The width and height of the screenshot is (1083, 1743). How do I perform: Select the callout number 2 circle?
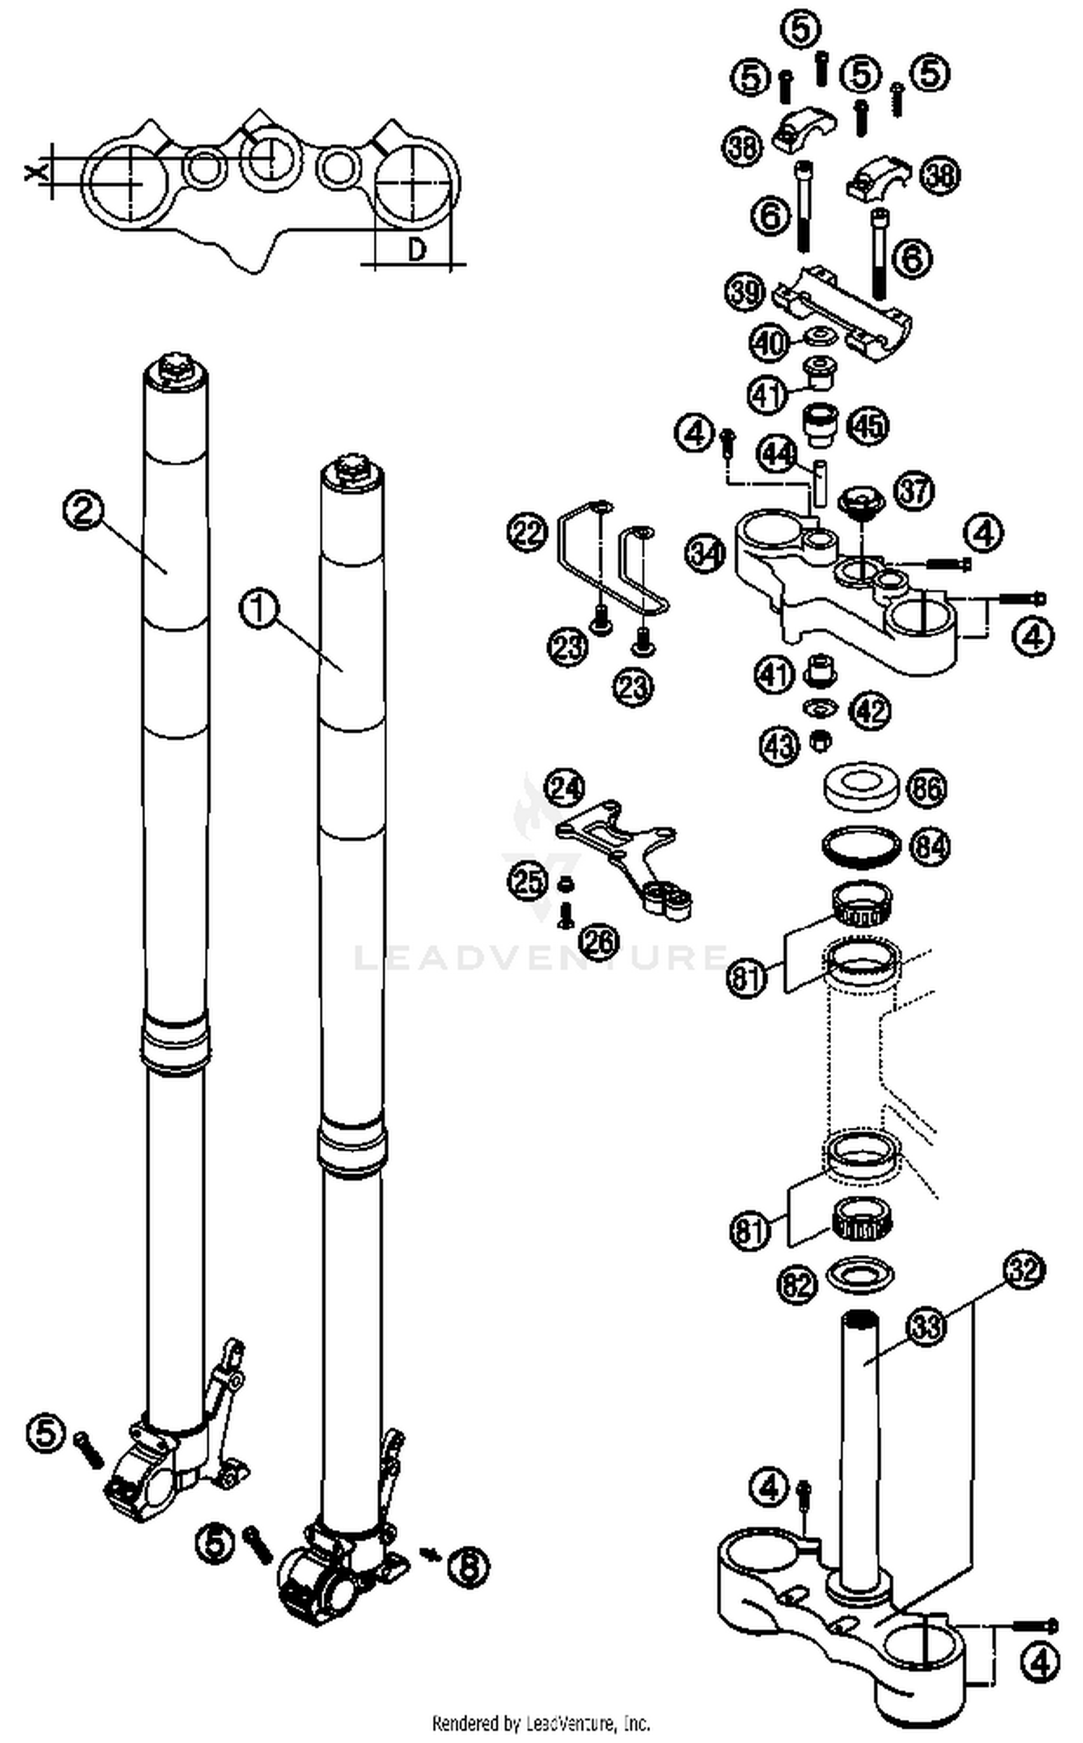pyautogui.click(x=82, y=510)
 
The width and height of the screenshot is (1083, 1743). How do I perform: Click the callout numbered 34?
pyautogui.click(x=705, y=554)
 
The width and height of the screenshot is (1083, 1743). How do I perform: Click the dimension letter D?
pyautogui.click(x=417, y=250)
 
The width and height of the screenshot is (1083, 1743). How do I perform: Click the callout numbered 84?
pyautogui.click(x=929, y=846)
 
